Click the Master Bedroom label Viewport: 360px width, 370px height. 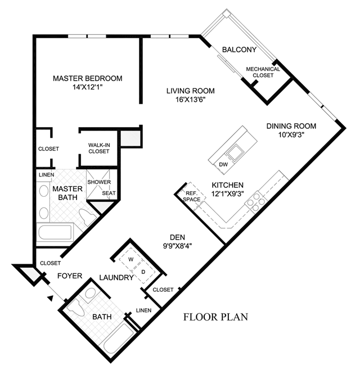[x=88, y=78]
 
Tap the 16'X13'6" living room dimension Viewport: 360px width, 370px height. [x=191, y=100]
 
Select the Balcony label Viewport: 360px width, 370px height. [x=239, y=49]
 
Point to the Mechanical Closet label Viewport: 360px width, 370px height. [x=263, y=72]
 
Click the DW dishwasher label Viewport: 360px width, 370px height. [x=223, y=164]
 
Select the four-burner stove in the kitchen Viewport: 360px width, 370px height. [x=256, y=202]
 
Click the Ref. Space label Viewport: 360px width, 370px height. [x=192, y=196]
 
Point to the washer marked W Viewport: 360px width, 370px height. [x=131, y=260]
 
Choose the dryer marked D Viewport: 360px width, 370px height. [x=143, y=272]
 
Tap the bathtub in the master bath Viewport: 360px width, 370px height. [x=55, y=232]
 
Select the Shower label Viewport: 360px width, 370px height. [x=99, y=182]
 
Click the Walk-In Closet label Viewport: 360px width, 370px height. [x=99, y=148]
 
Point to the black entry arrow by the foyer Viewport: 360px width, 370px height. [x=50, y=298]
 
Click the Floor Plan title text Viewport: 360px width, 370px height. [x=215, y=317]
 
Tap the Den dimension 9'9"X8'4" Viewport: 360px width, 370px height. [x=177, y=246]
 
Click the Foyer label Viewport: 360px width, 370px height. [x=70, y=276]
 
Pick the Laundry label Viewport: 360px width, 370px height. [x=116, y=278]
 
